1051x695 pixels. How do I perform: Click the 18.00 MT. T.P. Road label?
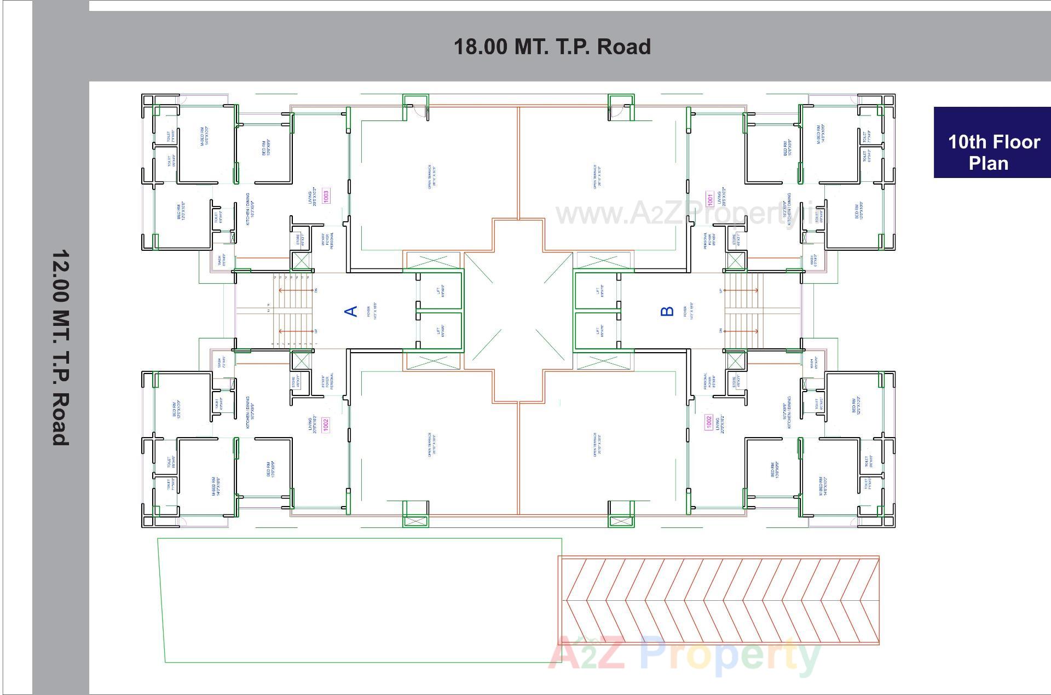tap(552, 47)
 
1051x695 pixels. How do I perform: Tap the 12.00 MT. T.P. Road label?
tap(60, 348)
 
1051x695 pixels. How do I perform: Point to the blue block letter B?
tap(667, 311)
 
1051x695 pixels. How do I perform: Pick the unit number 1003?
tap(326, 196)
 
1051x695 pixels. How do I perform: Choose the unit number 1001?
tap(709, 199)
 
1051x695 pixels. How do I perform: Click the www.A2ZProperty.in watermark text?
tap(692, 214)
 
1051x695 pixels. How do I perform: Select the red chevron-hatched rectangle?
tap(718, 600)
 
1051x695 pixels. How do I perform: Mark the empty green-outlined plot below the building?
tap(361, 600)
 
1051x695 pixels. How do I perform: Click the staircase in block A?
tap(293, 311)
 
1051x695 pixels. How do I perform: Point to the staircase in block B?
tap(743, 311)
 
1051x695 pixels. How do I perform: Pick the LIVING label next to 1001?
tap(722, 196)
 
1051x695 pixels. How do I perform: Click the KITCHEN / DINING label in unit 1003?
tap(250, 209)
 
